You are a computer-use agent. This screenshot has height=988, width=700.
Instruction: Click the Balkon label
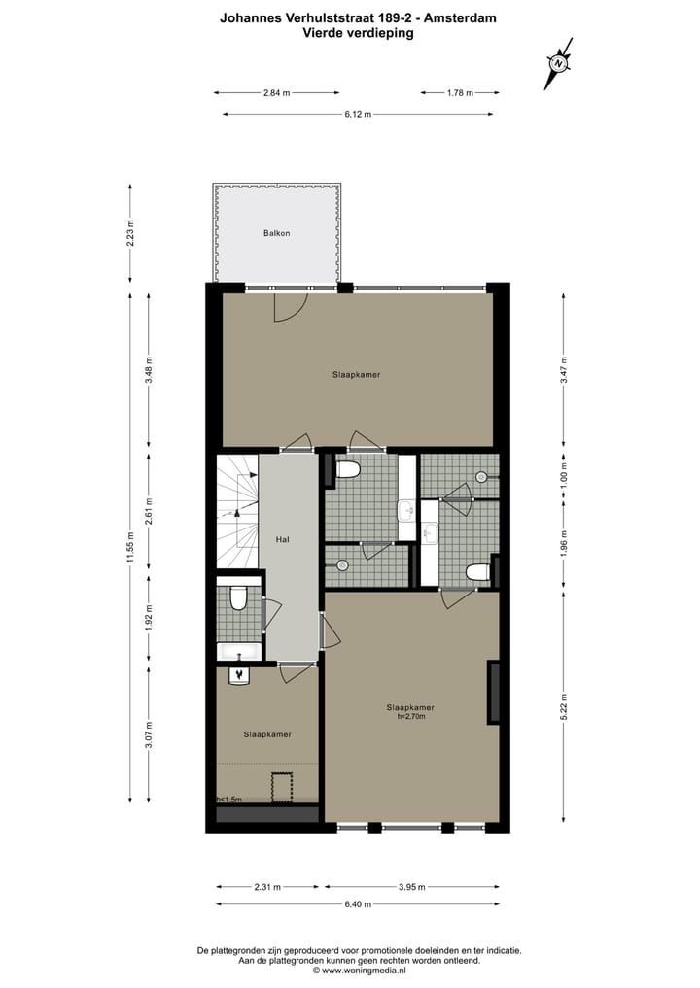click(x=277, y=233)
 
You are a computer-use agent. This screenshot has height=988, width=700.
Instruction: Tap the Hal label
click(x=283, y=539)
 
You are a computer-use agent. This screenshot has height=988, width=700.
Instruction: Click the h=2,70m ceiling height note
click(x=409, y=717)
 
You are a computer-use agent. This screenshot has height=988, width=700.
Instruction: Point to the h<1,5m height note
click(x=229, y=800)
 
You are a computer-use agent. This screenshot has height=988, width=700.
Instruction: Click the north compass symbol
click(x=559, y=62)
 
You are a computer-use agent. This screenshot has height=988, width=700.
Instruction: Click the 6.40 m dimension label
click(x=358, y=903)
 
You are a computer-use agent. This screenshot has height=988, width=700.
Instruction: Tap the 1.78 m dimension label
click(x=459, y=93)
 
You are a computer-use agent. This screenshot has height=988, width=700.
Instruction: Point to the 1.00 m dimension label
click(x=564, y=477)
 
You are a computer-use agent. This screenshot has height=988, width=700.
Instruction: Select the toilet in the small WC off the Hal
click(x=237, y=598)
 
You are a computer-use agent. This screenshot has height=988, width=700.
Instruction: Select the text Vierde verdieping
click(x=358, y=32)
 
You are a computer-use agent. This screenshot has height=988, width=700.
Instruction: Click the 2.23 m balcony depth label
click(x=129, y=233)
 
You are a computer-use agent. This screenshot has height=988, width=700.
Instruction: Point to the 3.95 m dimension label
click(x=412, y=887)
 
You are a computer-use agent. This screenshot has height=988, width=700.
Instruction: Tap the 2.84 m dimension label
click(x=276, y=93)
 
